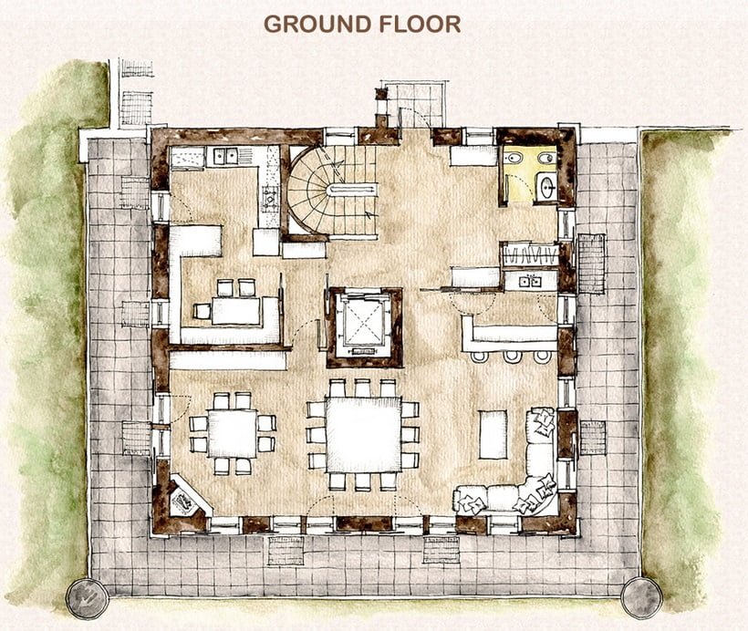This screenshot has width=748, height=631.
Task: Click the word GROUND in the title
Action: [x=317, y=24]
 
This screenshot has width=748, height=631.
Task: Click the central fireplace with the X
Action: [x=365, y=326]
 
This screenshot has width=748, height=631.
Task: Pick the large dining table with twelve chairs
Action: [x=363, y=434]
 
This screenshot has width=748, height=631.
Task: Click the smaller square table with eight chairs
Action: [x=233, y=433]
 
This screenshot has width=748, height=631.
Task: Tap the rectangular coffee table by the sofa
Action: [x=493, y=435]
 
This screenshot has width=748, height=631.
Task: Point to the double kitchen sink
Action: [x=225, y=156]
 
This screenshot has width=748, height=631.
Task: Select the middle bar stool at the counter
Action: [x=513, y=356]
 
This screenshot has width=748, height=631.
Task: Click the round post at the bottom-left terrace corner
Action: [x=88, y=598]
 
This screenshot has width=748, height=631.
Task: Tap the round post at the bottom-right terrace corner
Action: [x=641, y=597]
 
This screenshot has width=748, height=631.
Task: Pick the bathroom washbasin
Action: [x=546, y=187]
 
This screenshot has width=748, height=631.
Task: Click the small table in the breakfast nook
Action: [x=236, y=311]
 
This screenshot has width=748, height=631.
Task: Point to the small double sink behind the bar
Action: [x=530, y=282]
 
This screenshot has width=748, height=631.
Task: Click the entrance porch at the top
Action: [x=414, y=104]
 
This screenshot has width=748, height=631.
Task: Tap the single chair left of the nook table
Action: [x=203, y=311]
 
